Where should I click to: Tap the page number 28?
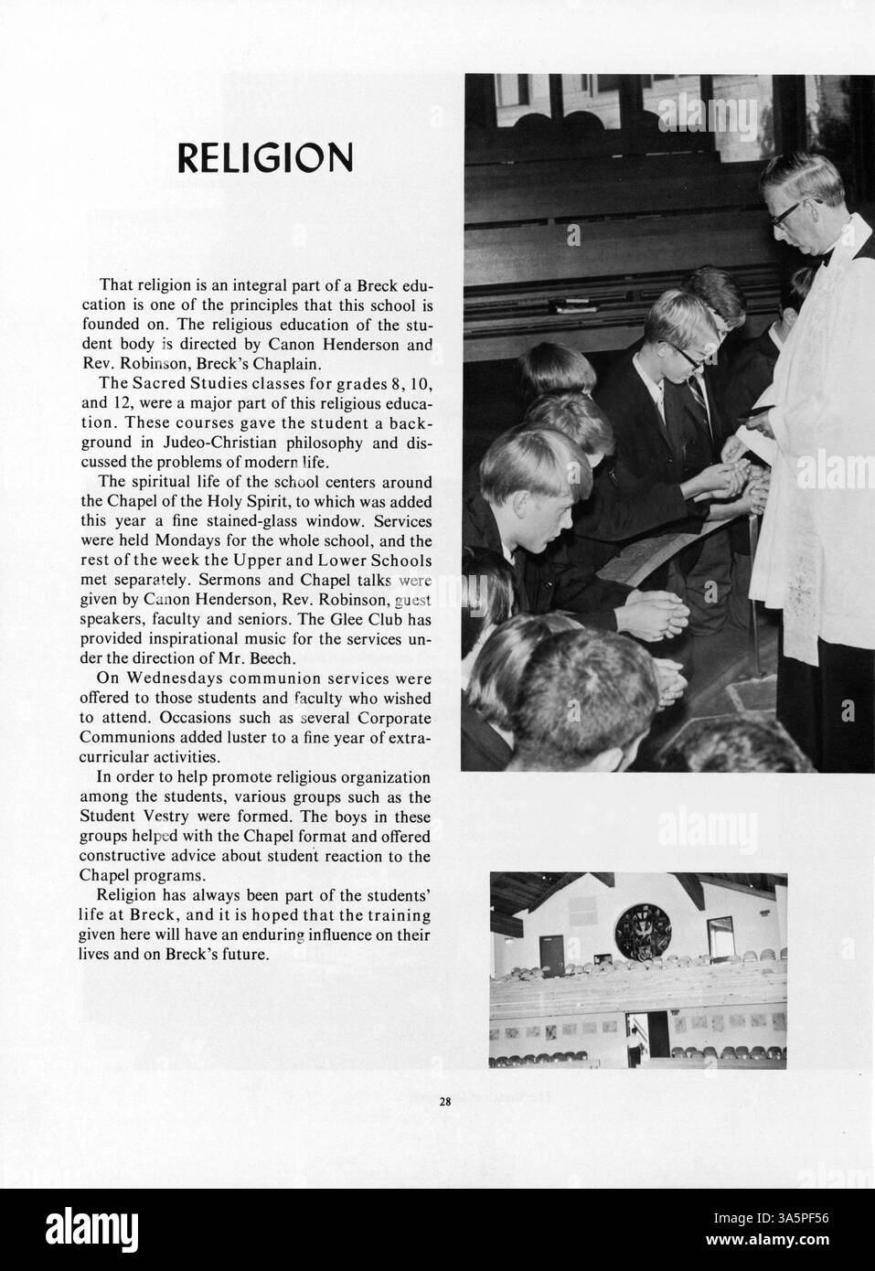[444, 1102]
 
